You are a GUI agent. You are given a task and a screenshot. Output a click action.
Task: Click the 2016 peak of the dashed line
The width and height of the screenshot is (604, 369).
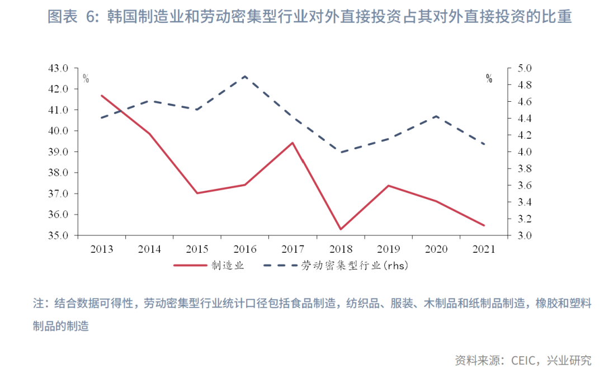point(245,76)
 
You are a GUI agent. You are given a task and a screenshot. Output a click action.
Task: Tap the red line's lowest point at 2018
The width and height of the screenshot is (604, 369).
point(341,229)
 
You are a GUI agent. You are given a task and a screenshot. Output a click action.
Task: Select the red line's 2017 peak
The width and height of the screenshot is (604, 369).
point(292,143)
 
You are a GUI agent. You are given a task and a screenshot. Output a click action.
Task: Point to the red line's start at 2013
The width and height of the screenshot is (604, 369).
point(101,95)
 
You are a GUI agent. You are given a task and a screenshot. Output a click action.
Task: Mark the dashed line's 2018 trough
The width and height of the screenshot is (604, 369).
point(341,152)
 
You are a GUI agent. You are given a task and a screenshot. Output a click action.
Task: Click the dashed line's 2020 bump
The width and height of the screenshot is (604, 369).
point(436,116)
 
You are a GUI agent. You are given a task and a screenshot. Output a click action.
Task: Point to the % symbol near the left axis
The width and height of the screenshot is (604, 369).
point(86,79)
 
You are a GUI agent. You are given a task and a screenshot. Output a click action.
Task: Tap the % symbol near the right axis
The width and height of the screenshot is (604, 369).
point(489,79)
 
